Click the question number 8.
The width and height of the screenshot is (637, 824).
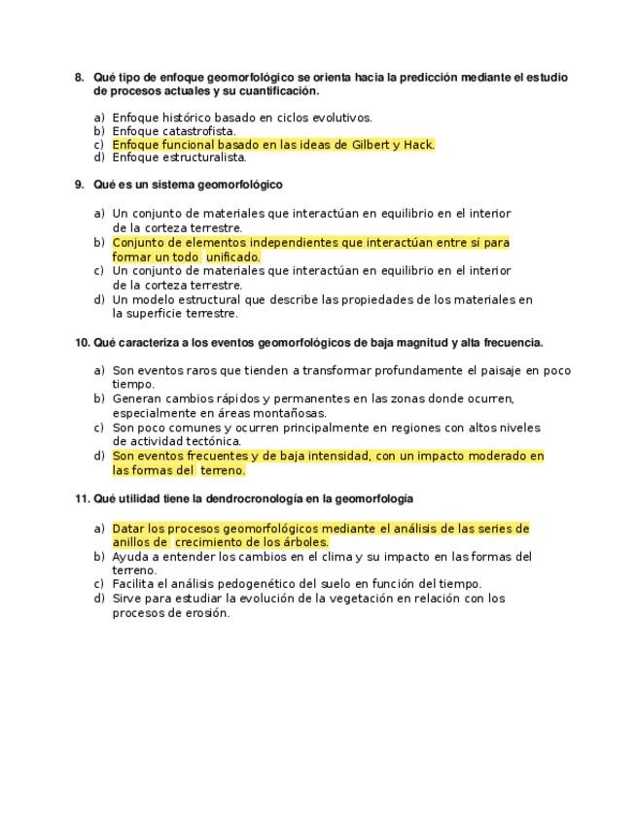pos(79,78)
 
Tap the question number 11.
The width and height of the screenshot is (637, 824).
pos(82,498)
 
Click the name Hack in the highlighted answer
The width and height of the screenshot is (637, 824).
pos(418,145)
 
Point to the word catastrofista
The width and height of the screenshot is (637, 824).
pos(201,131)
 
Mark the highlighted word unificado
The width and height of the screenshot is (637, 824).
pos(232,257)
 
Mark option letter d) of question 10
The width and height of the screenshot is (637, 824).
pos(99,456)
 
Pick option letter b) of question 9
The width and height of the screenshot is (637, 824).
pos(99,242)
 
